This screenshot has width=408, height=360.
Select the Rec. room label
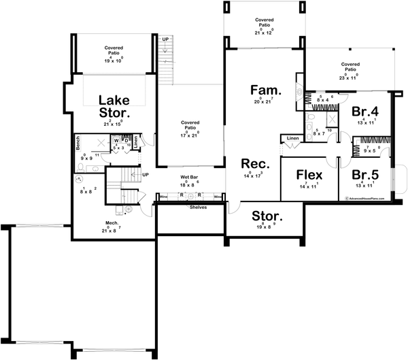tap(255, 164)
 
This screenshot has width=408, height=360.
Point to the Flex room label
tap(309, 176)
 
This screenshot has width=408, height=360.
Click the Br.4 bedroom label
tap(364, 111)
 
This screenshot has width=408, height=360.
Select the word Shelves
tap(198, 208)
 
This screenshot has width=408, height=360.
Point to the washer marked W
tap(116, 141)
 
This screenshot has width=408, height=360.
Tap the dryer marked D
tap(126, 141)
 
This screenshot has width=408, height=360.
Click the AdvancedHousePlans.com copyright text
tap(365, 199)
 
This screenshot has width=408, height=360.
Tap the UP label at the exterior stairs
tap(165, 40)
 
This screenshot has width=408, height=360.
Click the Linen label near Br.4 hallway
tap(292, 139)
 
